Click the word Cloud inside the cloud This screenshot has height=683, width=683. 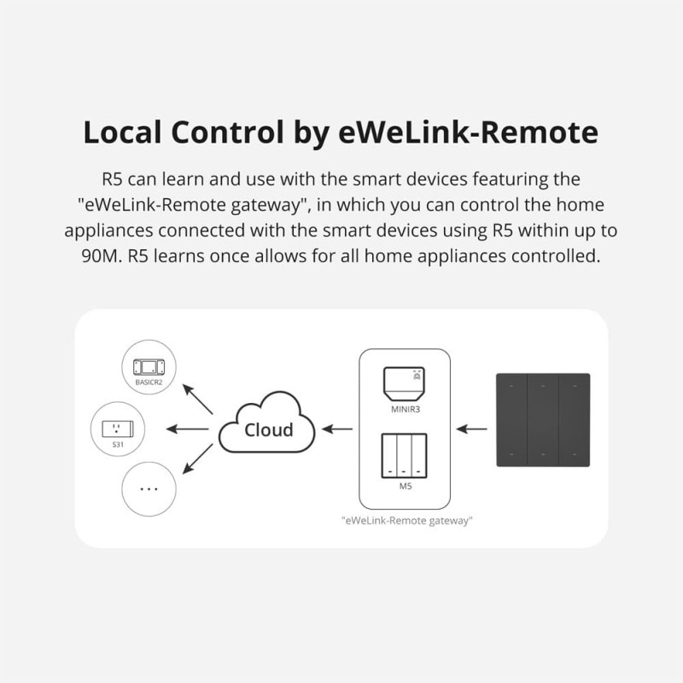(268, 429)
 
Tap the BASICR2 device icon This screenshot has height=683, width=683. (147, 367)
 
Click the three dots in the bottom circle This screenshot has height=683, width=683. (149, 490)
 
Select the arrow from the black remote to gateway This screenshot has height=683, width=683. (472, 429)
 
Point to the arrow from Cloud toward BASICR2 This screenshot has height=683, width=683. (198, 398)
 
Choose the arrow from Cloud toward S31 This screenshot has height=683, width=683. (187, 429)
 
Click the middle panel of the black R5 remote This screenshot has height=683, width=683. (543, 419)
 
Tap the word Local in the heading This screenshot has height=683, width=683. (125, 134)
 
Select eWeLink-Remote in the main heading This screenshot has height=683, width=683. (445, 134)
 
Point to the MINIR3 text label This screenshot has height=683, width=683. (406, 410)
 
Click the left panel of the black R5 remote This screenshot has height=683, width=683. (512, 419)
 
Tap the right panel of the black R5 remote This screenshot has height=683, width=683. (574, 419)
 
